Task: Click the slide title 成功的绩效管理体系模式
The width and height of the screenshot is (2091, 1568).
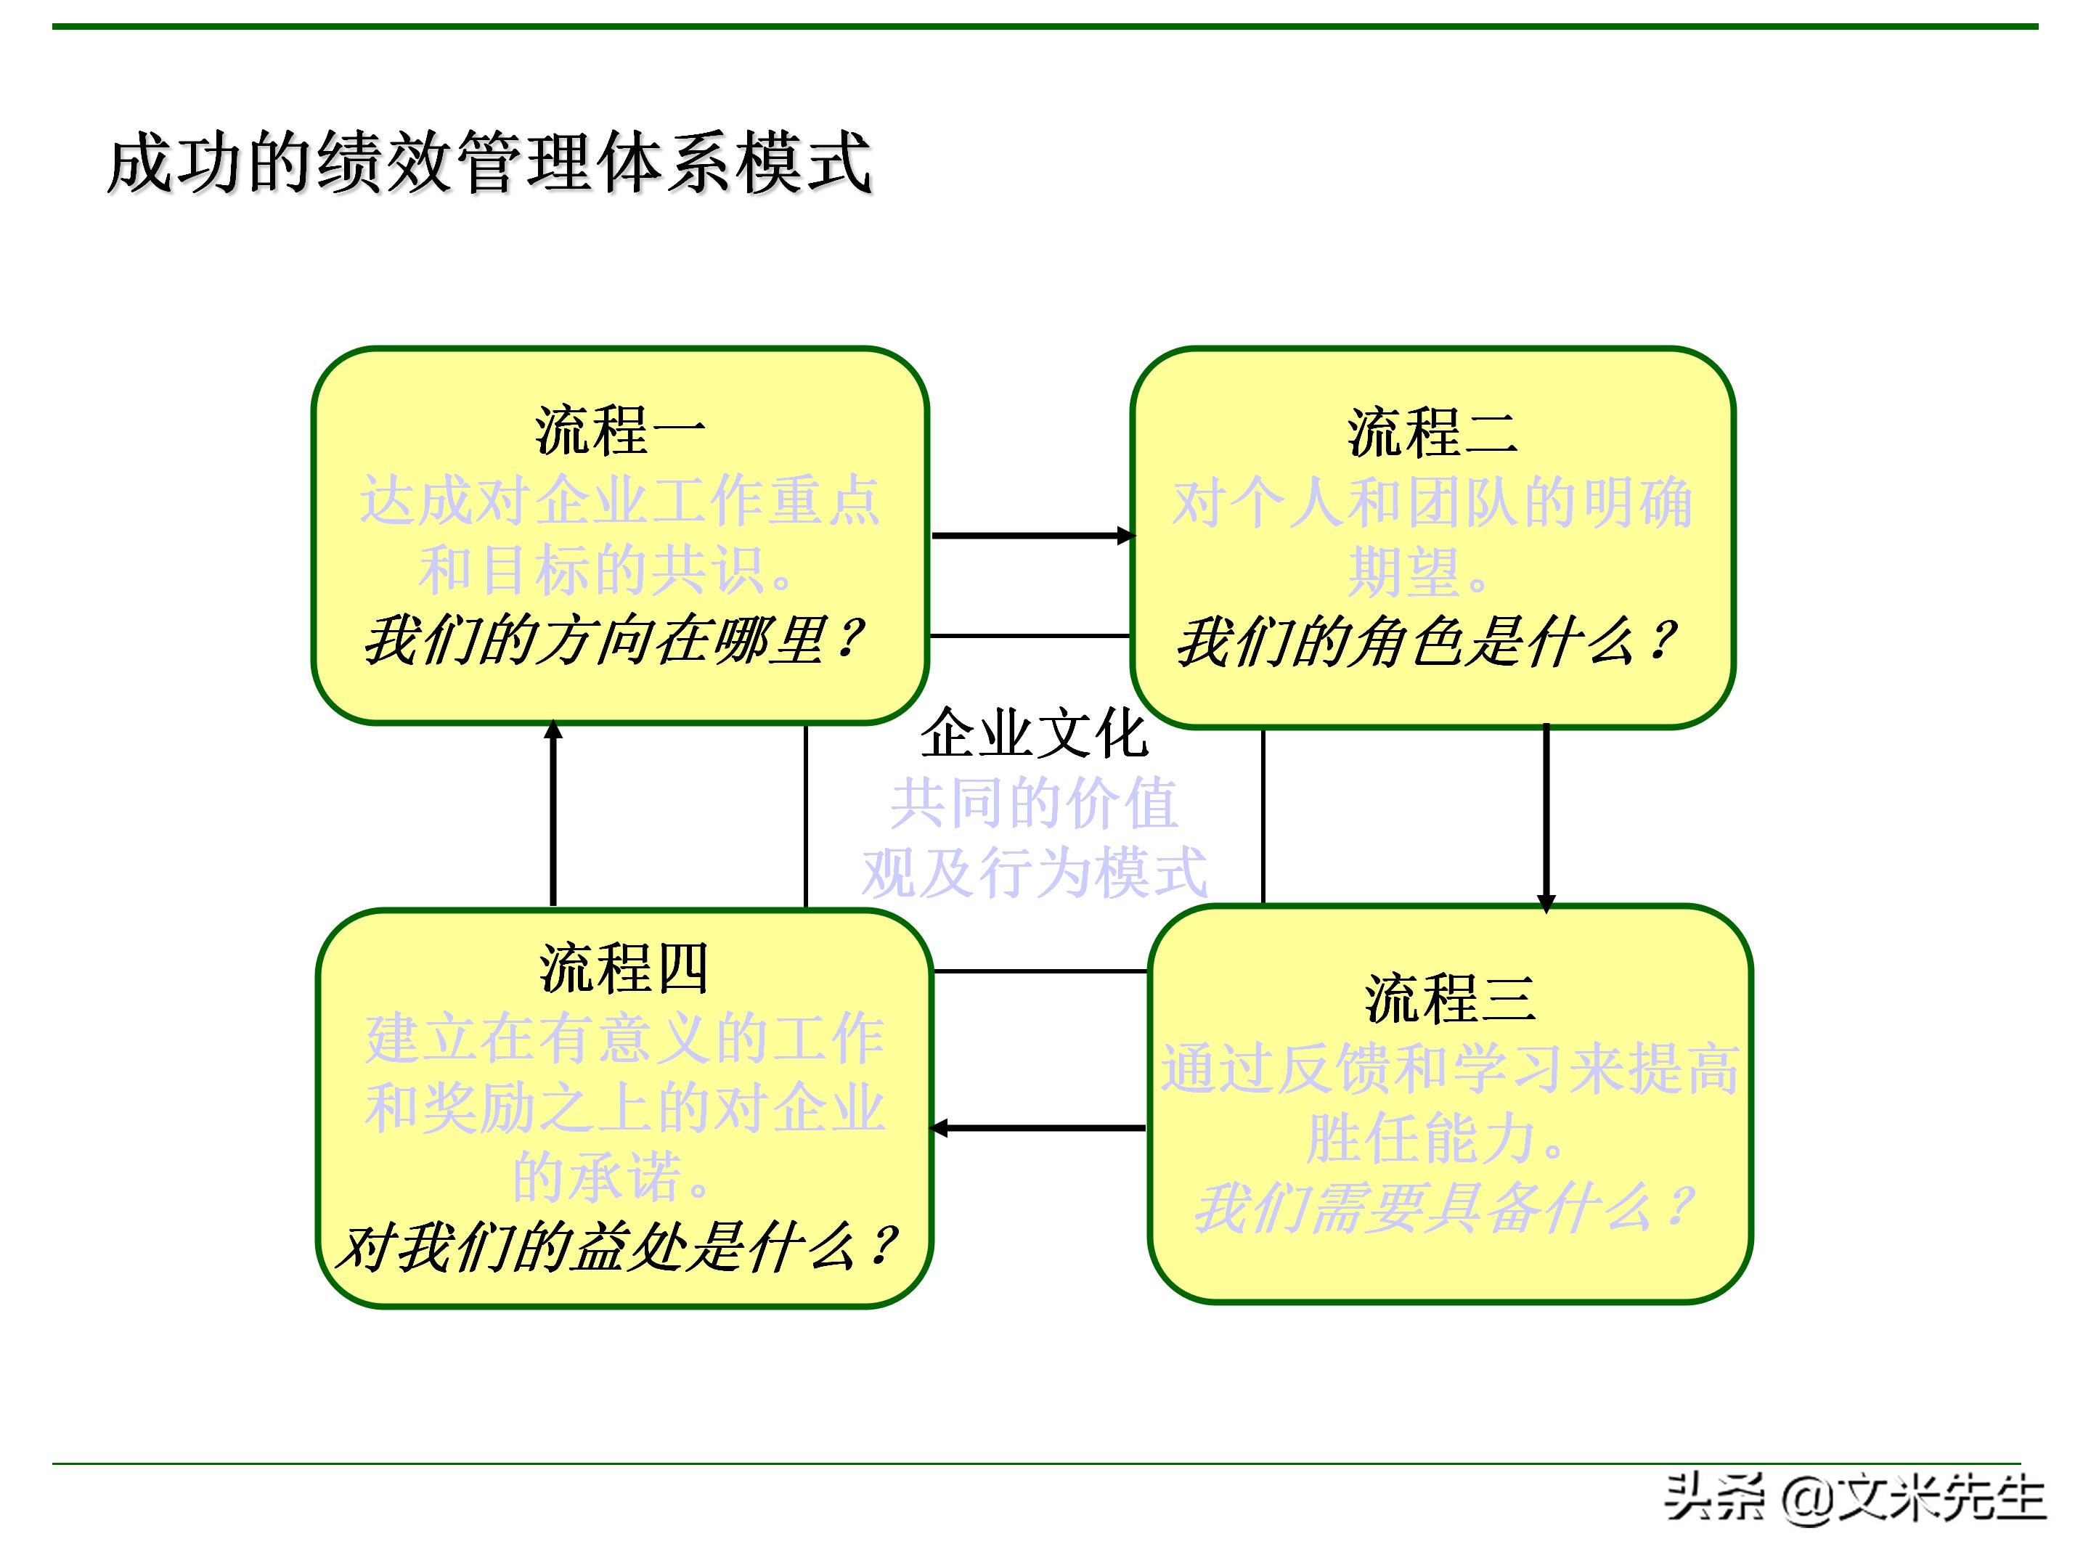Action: [x=489, y=163]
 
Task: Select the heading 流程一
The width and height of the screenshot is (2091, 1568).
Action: [x=619, y=431]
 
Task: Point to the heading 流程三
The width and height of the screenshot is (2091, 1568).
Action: [x=1449, y=998]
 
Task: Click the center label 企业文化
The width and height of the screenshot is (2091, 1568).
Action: [x=1034, y=732]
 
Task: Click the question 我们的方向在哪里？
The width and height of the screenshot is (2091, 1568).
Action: [x=614, y=640]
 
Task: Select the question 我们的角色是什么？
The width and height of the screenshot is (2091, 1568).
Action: [x=1427, y=642]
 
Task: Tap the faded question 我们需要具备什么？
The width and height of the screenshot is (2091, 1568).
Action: [x=1443, y=1207]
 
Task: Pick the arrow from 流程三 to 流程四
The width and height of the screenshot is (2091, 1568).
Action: [x=1038, y=1127]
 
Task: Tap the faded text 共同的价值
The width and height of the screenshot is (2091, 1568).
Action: [x=1034, y=804]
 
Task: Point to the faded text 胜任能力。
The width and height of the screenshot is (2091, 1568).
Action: [x=1436, y=1138]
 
